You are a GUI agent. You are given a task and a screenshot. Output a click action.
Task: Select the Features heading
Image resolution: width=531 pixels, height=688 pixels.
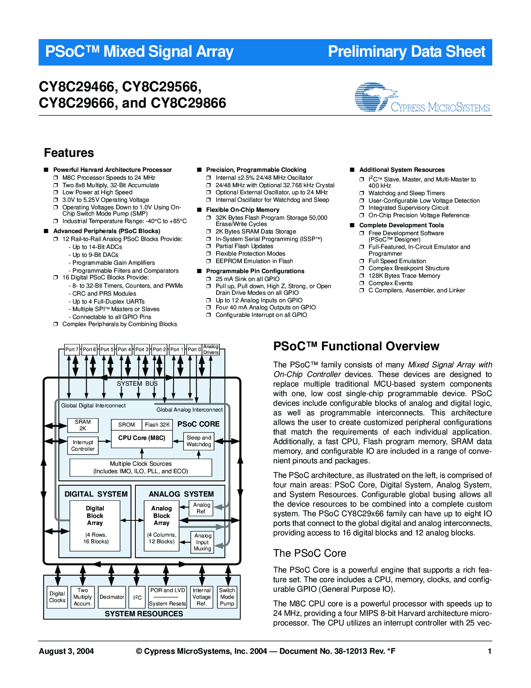click(69, 153)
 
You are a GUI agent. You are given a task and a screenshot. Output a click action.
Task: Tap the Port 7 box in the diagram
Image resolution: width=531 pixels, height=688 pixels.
click(72, 349)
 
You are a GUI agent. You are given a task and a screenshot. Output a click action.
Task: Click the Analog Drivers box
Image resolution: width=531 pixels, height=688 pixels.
click(211, 349)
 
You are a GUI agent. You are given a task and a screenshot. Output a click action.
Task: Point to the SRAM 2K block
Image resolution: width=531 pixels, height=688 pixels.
click(83, 425)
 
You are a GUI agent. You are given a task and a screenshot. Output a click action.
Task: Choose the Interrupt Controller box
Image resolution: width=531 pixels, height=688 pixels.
click(83, 445)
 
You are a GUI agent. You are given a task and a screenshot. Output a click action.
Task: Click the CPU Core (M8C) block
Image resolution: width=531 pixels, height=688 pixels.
click(142, 438)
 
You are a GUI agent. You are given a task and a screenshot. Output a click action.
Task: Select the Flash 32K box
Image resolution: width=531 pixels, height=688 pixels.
click(157, 424)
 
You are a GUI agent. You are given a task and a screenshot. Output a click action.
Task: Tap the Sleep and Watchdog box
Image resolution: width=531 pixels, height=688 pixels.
click(199, 441)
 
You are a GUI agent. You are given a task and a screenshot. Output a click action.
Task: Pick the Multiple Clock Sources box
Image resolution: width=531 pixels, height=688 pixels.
click(141, 467)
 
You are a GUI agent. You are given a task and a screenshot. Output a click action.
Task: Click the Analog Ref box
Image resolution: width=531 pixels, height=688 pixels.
click(202, 508)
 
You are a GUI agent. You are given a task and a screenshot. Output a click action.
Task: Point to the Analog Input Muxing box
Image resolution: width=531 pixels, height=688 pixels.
click(202, 542)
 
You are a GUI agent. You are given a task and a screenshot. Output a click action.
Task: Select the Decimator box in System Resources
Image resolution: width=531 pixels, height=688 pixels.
click(112, 597)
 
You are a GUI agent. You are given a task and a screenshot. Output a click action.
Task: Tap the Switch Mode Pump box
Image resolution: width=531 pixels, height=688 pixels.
click(227, 597)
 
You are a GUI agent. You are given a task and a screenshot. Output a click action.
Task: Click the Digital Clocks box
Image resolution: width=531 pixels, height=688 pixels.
click(57, 597)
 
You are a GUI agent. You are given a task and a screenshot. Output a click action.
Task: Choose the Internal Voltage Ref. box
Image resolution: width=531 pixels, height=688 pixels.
click(202, 597)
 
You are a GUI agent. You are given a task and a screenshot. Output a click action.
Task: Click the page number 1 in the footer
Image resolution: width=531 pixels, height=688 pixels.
click(490, 651)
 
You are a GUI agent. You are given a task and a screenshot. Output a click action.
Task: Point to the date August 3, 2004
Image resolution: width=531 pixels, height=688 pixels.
click(66, 651)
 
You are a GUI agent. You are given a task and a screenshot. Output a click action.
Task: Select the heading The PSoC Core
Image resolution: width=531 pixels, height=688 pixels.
click(310, 553)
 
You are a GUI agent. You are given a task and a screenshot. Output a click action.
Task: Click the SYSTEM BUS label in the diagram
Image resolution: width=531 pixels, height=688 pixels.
click(137, 384)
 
